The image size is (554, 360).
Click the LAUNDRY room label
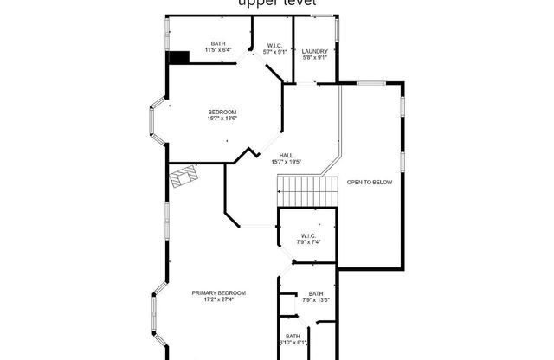[314, 51]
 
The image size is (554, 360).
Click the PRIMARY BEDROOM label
[219, 293]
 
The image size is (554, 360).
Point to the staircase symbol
[307, 187]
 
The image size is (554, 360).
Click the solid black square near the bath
[179, 57]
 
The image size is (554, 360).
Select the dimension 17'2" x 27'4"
[219, 300]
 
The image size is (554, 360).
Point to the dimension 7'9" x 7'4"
[308, 241]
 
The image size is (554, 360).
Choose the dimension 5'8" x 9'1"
[314, 58]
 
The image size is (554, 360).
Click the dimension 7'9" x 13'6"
[315, 300]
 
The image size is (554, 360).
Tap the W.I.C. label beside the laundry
[274, 45]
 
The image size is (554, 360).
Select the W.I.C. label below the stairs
[308, 235]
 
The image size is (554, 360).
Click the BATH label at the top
[219, 43]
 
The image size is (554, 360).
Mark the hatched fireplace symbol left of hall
[184, 176]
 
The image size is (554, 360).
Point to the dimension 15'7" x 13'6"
[222, 119]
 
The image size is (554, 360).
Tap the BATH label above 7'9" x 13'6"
[315, 293]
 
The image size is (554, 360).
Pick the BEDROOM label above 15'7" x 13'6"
[222, 112]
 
